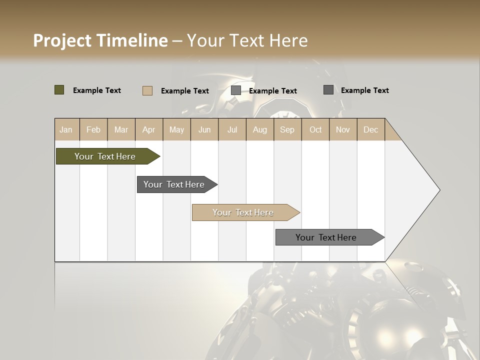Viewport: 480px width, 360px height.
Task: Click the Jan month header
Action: [x=66, y=129]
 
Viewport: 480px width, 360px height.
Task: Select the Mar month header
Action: [x=121, y=129]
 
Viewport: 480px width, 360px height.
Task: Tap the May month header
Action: [x=176, y=129]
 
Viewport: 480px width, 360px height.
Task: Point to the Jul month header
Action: [x=232, y=129]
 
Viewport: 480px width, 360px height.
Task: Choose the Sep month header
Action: [x=287, y=129]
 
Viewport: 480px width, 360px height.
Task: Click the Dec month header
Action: [x=371, y=129]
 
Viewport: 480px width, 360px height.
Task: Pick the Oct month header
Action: [x=315, y=129]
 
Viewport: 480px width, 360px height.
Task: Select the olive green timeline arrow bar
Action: [x=105, y=156]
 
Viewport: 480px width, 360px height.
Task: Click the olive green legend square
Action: [x=59, y=90]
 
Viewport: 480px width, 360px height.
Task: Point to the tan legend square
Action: [x=147, y=90]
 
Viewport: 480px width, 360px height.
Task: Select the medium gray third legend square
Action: [x=236, y=90]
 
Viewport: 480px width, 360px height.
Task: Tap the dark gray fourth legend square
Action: [x=328, y=90]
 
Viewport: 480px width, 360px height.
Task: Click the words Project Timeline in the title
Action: [x=100, y=40]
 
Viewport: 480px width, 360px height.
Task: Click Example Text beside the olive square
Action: [x=97, y=90]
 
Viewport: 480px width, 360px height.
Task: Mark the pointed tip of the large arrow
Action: [x=439, y=190]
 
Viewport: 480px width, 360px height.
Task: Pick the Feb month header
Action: [x=93, y=129]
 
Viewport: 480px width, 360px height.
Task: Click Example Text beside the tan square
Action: [x=185, y=91]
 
